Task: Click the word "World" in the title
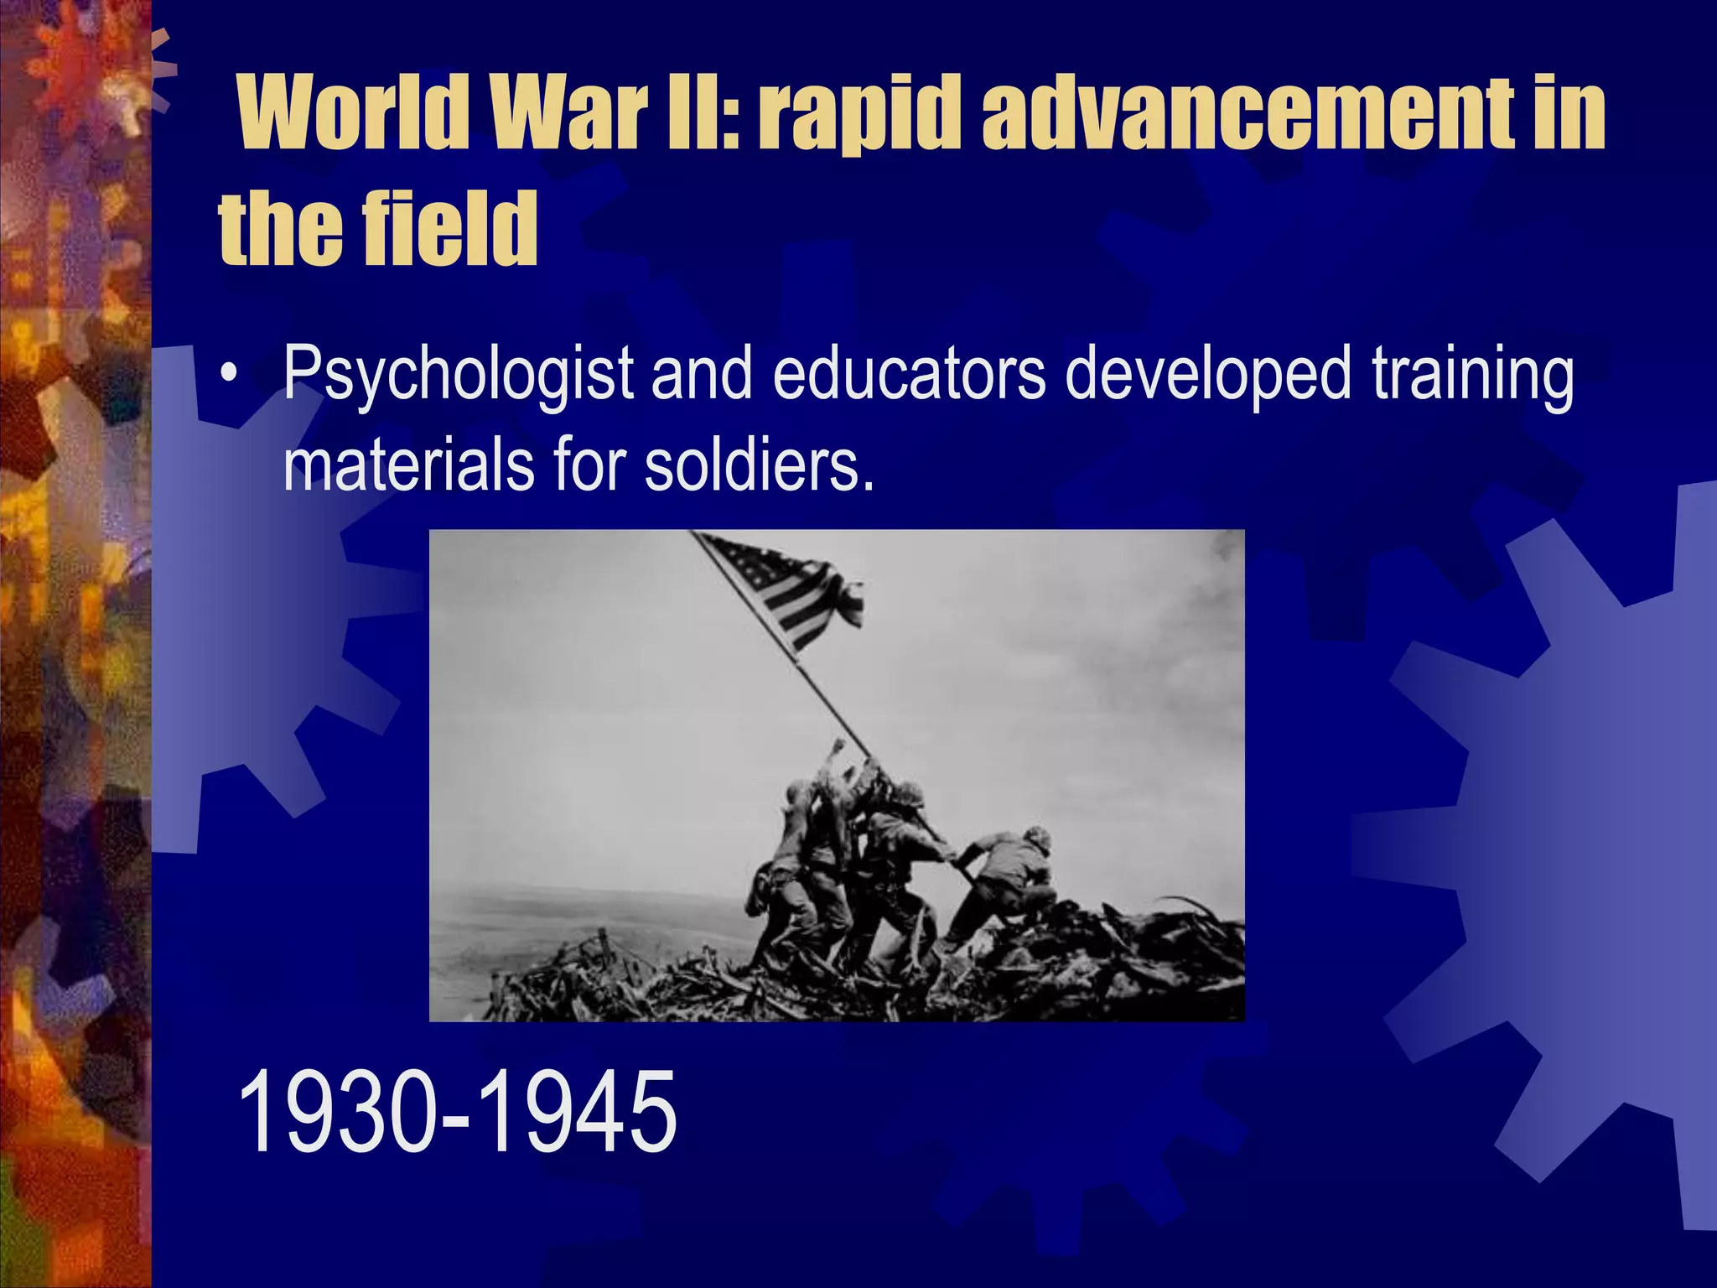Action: click(x=352, y=113)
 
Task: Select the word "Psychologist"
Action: click(x=458, y=375)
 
